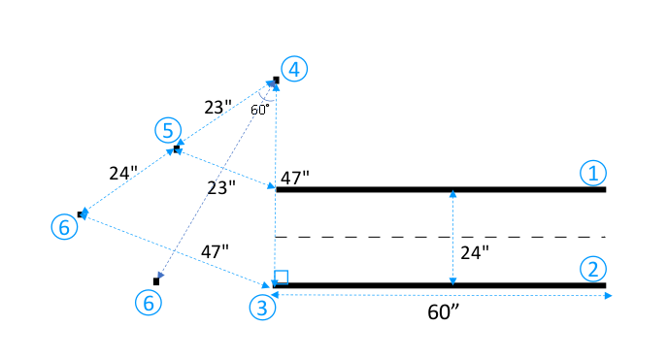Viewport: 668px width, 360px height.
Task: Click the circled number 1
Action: pos(593,173)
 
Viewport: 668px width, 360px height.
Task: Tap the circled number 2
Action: pos(593,268)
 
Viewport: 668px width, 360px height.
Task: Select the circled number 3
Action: pos(263,308)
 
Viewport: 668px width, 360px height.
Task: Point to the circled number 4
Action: pos(295,68)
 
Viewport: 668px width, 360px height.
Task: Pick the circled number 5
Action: pos(168,129)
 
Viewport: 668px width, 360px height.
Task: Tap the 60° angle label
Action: pos(260,110)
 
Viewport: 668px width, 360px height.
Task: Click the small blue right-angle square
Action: pos(282,277)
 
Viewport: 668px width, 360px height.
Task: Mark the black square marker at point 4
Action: pos(276,81)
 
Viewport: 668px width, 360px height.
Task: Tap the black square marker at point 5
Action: pos(177,148)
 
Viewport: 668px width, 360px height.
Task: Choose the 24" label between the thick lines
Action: pos(474,252)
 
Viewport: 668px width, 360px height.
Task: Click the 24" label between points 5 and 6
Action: pos(123,174)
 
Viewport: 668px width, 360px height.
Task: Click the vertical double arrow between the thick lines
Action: pos(452,238)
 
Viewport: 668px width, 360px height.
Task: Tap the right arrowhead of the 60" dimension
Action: pos(609,295)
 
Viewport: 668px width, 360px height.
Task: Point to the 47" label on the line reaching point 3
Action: pos(215,250)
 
